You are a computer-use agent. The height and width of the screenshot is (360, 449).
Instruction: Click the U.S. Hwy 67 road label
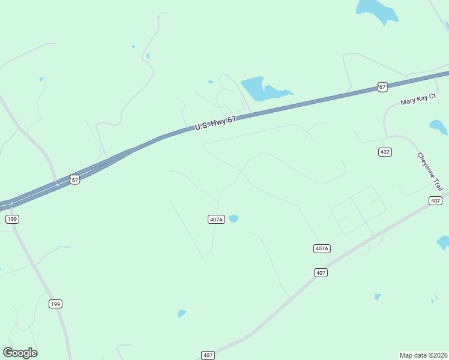pyautogui.click(x=215, y=123)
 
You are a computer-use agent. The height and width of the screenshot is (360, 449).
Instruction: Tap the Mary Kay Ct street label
pyautogui.click(x=418, y=99)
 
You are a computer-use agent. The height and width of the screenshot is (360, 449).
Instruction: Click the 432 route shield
pyautogui.click(x=385, y=152)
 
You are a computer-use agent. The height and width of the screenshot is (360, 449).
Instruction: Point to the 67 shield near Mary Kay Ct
pyautogui.click(x=382, y=87)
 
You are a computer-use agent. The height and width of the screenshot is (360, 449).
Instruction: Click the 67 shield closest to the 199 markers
pyautogui.click(x=74, y=179)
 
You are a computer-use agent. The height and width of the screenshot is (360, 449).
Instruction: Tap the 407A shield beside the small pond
pyautogui.click(x=217, y=219)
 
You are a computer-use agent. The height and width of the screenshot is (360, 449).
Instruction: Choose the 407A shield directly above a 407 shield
pyautogui.click(x=322, y=248)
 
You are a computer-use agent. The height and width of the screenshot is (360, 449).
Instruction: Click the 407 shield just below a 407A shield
pyautogui.click(x=321, y=272)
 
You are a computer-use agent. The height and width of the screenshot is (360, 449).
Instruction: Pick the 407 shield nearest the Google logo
pyautogui.click(x=208, y=355)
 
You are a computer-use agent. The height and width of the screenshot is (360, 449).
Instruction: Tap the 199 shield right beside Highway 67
pyautogui.click(x=12, y=219)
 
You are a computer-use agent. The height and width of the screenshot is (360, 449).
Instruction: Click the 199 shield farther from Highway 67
pyautogui.click(x=55, y=304)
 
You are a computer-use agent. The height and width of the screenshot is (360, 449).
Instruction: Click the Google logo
pyautogui.click(x=20, y=353)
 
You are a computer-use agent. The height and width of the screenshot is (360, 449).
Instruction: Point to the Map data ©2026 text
pyautogui.click(x=423, y=355)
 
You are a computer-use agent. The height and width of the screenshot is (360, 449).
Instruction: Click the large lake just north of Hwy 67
pyautogui.click(x=258, y=89)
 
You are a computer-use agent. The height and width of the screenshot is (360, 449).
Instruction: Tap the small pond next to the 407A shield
pyautogui.click(x=234, y=218)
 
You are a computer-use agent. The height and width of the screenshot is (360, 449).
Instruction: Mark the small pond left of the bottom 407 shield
pyautogui.click(x=181, y=313)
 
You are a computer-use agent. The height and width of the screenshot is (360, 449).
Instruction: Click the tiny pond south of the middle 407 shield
pyautogui.click(x=377, y=296)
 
